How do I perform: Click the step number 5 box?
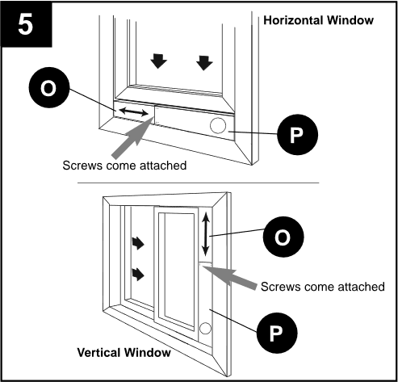[x=26, y=24]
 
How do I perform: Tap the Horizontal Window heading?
[x=318, y=20]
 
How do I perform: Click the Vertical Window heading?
[x=124, y=352]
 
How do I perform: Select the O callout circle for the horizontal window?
[x=49, y=87]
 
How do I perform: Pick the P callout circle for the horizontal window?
[x=297, y=135]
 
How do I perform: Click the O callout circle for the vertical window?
[x=283, y=237]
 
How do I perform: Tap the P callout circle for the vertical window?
[x=277, y=333]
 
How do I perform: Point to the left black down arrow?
[x=158, y=61]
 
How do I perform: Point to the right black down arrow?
[x=204, y=63]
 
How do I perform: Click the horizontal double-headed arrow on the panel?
[x=133, y=111]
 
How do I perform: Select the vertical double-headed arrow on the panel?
[x=206, y=234]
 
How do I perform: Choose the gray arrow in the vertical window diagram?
[x=229, y=277]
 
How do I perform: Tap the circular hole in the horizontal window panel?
[x=218, y=125]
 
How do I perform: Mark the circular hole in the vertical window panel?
[x=205, y=329]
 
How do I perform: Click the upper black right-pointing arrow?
[x=138, y=243]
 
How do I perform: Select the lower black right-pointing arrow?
[x=138, y=275]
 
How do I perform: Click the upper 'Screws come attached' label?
[x=124, y=166]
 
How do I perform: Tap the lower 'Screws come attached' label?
[x=322, y=287]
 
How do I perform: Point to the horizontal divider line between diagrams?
[x=199, y=183]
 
